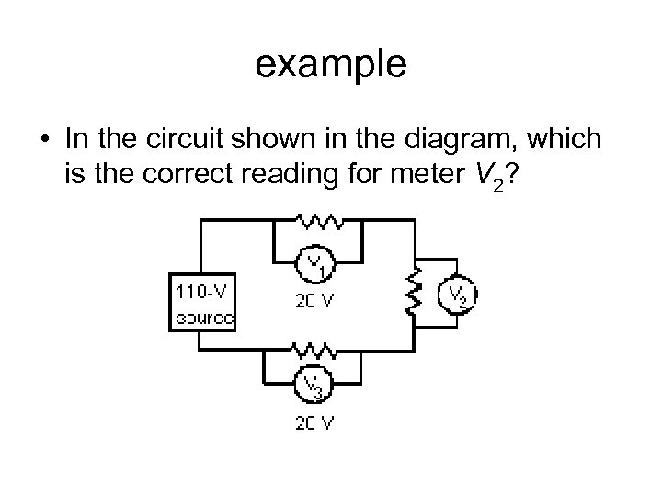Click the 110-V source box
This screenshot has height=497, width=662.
pyautogui.click(x=203, y=303)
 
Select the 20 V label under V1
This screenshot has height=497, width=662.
pyautogui.click(x=314, y=300)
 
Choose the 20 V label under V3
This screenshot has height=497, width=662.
pyautogui.click(x=314, y=423)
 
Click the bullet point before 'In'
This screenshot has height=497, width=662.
pyautogui.click(x=44, y=139)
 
